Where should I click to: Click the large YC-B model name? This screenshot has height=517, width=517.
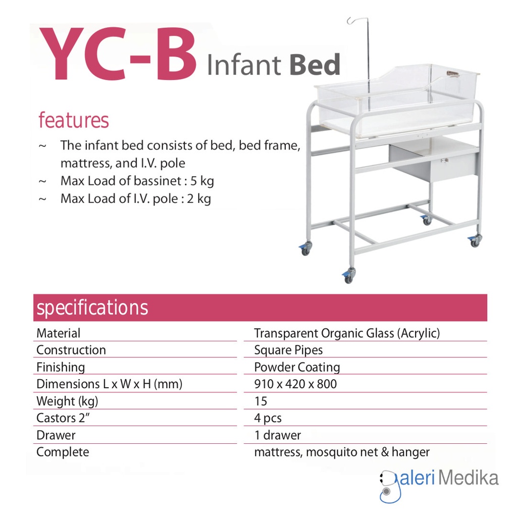pyautogui.click(x=118, y=54)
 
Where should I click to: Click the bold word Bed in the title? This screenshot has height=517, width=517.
pyautogui.click(x=315, y=64)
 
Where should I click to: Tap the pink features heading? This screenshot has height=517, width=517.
pyautogui.click(x=74, y=120)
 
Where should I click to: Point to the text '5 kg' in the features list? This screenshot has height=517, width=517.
pyautogui.click(x=202, y=181)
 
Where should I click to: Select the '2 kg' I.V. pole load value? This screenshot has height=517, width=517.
pyautogui.click(x=199, y=199)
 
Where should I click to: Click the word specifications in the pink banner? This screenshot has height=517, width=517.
pyautogui.click(x=92, y=307)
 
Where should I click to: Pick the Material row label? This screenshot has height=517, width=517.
pyautogui.click(x=59, y=333)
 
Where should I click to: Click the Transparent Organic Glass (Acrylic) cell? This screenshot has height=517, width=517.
pyautogui.click(x=347, y=333)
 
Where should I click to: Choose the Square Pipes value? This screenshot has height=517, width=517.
pyautogui.click(x=288, y=350)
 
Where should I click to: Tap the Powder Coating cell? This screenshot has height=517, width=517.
pyautogui.click(x=297, y=368)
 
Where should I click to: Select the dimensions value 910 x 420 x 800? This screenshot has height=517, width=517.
pyautogui.click(x=295, y=384)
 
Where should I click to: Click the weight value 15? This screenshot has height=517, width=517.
pyautogui.click(x=261, y=401)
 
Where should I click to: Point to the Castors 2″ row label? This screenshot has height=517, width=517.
pyautogui.click(x=63, y=418)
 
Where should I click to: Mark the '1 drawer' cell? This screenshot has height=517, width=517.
pyautogui.click(x=278, y=435)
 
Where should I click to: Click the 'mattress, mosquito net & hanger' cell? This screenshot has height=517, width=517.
pyautogui.click(x=342, y=452)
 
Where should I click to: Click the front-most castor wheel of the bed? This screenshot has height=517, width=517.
pyautogui.click(x=348, y=277)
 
